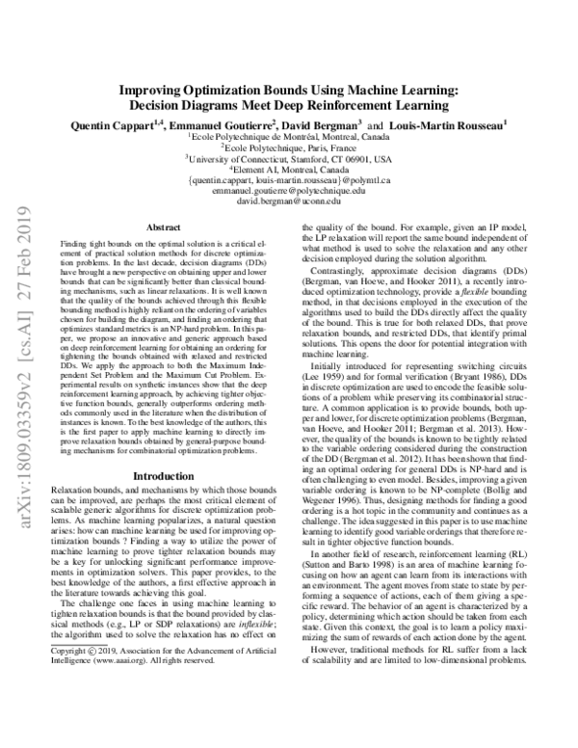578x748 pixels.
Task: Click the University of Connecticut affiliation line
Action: (289, 158)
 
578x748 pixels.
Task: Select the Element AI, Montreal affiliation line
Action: (289, 170)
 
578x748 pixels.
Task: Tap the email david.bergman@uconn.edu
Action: (289, 203)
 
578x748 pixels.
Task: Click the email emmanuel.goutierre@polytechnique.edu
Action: (289, 192)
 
